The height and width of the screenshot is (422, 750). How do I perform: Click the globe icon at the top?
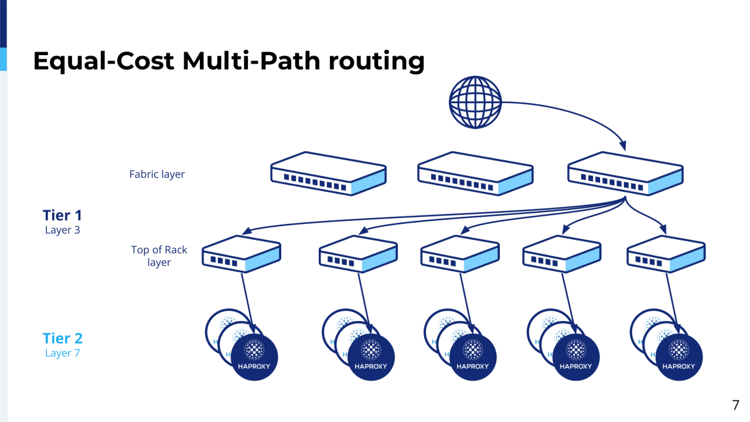click(475, 103)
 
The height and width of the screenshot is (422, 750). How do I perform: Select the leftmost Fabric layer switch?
click(328, 173)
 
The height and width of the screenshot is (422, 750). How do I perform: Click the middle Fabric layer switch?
click(475, 173)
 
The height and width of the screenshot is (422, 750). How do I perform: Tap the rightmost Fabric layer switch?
click(625, 173)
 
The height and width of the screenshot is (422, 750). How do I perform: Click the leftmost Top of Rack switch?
click(241, 254)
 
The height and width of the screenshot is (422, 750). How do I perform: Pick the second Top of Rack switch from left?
click(358, 254)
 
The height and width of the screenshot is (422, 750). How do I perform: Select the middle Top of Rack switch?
click(460, 254)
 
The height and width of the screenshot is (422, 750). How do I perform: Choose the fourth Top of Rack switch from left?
click(561, 254)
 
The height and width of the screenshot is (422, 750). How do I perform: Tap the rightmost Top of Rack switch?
click(666, 254)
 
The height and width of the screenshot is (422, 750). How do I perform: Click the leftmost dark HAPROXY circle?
click(254, 357)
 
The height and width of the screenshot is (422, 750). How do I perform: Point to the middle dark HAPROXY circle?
click(473, 357)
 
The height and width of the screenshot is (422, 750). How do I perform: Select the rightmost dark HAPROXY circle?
click(679, 357)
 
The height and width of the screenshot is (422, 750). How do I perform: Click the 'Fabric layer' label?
click(157, 174)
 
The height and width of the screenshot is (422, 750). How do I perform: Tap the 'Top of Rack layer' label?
click(159, 256)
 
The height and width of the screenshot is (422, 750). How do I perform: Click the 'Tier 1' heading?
click(62, 215)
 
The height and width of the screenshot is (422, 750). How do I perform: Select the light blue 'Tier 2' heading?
click(62, 338)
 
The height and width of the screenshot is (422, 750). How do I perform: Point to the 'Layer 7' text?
click(62, 353)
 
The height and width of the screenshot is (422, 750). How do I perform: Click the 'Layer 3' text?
click(62, 230)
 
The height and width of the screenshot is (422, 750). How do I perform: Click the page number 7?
click(735, 405)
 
